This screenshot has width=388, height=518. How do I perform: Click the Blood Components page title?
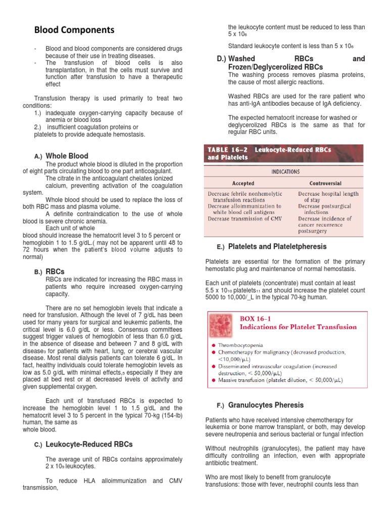coord(74,30)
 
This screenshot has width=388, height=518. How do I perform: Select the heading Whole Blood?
coord(67,156)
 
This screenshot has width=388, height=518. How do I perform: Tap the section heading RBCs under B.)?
coord(55,272)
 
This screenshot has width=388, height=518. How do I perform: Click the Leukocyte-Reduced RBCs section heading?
coord(89,444)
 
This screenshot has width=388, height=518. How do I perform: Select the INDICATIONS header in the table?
coord(285,171)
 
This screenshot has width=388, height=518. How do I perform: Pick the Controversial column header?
coord(325,183)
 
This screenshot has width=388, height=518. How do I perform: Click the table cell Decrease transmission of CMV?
coord(242,219)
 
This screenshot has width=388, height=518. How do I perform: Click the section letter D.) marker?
coord(221,59)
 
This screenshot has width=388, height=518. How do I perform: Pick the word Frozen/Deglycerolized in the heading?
coord(261,67)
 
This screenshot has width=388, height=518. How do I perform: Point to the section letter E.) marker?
coord(220,247)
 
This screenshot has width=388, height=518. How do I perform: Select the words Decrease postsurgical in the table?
coord(326,206)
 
